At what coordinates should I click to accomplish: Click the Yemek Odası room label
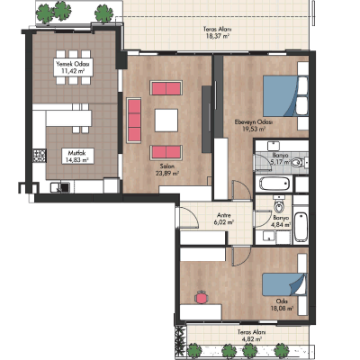73,64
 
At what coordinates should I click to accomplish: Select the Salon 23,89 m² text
167,170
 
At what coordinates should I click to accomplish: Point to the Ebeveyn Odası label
253,122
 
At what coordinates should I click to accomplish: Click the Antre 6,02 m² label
224,219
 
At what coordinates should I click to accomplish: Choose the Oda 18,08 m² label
282,304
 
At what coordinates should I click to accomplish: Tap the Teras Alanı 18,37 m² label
218,33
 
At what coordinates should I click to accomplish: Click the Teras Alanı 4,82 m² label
251,336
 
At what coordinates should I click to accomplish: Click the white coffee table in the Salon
166,121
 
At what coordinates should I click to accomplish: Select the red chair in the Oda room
201,297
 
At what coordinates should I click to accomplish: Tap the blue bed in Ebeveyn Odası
281,95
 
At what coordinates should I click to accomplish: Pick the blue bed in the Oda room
283,284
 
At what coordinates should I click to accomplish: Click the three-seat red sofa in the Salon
134,120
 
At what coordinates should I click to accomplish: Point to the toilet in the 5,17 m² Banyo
297,163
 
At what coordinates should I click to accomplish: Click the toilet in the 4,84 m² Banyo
279,206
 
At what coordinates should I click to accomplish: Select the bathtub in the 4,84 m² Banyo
301,227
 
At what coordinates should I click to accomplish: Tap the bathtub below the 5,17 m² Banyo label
274,184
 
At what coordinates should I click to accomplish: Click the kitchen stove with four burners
40,156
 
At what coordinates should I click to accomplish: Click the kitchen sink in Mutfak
60,187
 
